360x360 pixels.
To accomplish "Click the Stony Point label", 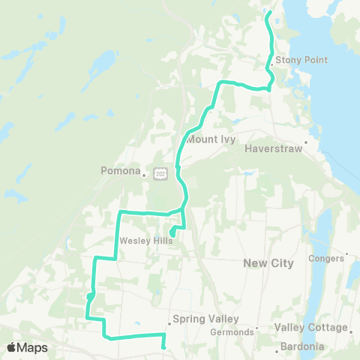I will pos(298,60).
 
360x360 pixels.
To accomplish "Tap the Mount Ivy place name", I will pos(211,139).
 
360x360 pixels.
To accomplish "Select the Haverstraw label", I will pos(273,149).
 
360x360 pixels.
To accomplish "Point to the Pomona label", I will pos(121,171).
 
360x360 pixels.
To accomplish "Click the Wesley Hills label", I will pos(145,241).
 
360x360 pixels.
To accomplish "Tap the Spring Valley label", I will pos(199,319).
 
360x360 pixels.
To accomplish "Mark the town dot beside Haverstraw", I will pos(307,140).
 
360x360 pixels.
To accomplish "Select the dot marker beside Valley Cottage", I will pos(352,328).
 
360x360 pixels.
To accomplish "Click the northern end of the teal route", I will pos(268,13).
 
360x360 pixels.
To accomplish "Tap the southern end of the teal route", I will pos(163,347).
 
